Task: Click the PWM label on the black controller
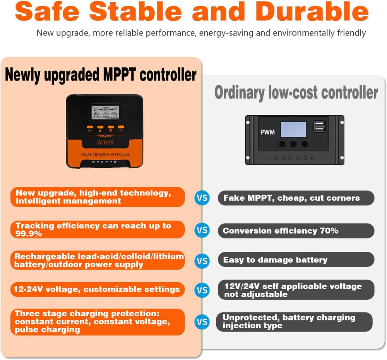tap(267, 132)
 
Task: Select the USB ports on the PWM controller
tap(320, 126)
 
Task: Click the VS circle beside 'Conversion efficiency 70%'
tap(202, 231)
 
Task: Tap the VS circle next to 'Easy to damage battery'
tap(202, 261)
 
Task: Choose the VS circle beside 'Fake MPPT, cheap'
tap(202, 198)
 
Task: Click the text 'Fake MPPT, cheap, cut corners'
tap(291, 198)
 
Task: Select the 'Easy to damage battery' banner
tap(296, 260)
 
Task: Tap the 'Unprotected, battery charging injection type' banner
tap(294, 322)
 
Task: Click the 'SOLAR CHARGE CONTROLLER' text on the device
tap(105, 155)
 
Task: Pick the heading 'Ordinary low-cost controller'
tap(296, 93)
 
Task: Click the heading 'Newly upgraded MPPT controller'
tap(101, 74)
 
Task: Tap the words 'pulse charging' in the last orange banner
tap(48, 330)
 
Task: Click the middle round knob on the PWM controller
tap(293, 144)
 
